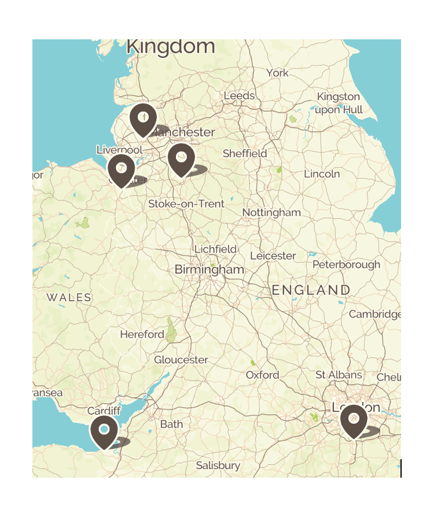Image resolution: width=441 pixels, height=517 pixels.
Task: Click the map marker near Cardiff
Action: tap(104, 431)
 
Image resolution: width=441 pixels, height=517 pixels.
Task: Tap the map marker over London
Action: tap(354, 420)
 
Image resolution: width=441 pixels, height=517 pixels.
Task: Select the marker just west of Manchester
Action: tap(143, 119)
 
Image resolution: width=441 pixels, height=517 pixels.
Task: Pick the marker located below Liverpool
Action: tap(121, 169)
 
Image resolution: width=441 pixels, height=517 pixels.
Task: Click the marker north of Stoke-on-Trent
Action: tap(181, 158)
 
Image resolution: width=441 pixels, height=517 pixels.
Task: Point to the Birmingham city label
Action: tap(210, 270)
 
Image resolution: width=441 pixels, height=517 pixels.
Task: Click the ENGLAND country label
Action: tap(311, 290)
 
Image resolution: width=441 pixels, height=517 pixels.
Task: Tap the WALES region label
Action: tap(69, 298)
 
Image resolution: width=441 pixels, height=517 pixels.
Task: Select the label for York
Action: tap(277, 73)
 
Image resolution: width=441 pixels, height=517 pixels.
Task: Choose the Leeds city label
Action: tap(239, 96)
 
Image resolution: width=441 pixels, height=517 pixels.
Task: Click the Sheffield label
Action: tap(245, 153)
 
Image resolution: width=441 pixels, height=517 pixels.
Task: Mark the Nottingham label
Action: tap(271, 212)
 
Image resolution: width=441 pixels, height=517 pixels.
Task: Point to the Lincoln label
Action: tap(322, 174)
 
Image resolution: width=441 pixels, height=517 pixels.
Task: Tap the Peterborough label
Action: tap(347, 265)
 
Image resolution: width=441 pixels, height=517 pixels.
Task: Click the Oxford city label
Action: tap(262, 375)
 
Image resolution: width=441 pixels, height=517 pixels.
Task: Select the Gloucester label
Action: tap(181, 360)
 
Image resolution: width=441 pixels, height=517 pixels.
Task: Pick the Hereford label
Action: tap(142, 334)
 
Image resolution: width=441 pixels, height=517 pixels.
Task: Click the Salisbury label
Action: tap(218, 466)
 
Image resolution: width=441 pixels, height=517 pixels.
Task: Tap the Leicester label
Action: tap(273, 256)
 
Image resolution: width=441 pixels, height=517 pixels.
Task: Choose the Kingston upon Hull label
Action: tap(339, 103)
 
